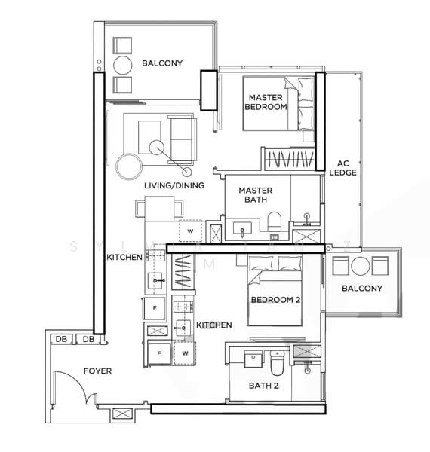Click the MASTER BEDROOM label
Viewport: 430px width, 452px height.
[266, 102]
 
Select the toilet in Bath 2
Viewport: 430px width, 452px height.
[277, 365]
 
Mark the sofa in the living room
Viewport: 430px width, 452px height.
[181, 136]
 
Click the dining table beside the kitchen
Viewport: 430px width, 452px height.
[158, 206]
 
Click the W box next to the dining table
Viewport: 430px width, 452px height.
[190, 230]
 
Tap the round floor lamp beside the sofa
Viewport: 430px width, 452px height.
[127, 166]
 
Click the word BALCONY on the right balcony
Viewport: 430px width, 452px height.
[362, 289]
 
